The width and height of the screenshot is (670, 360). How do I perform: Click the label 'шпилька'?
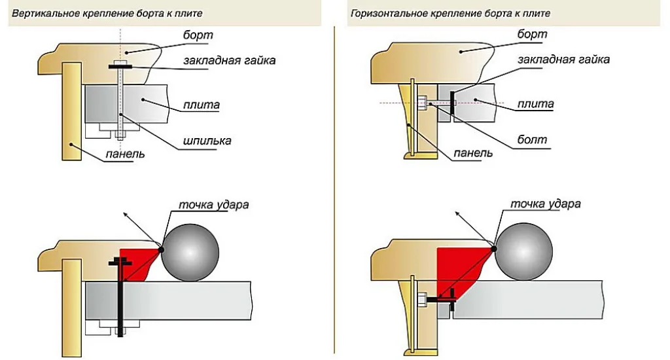(207, 141)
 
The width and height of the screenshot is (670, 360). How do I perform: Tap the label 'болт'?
(532, 140)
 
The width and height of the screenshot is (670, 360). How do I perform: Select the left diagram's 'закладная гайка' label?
(230, 60)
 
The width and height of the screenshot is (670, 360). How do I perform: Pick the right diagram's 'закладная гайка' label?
(563, 60)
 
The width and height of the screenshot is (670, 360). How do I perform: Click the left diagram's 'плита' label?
(202, 105)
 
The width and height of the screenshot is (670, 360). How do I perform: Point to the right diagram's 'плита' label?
(535, 104)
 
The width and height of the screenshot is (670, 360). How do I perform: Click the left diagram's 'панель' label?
(125, 154)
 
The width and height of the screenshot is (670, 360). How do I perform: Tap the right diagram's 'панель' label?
(473, 153)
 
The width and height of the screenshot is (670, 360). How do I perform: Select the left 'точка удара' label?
(214, 205)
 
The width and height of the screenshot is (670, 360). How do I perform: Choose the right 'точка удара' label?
(546, 204)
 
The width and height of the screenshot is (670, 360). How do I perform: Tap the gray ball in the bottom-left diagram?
(190, 253)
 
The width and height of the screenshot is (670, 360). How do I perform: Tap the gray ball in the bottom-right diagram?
(524, 252)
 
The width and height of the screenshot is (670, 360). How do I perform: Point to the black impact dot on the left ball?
(161, 249)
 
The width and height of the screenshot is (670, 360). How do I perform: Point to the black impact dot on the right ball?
(494, 249)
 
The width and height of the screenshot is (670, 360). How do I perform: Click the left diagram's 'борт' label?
(198, 35)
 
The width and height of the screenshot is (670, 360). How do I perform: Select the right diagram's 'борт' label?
(532, 34)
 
